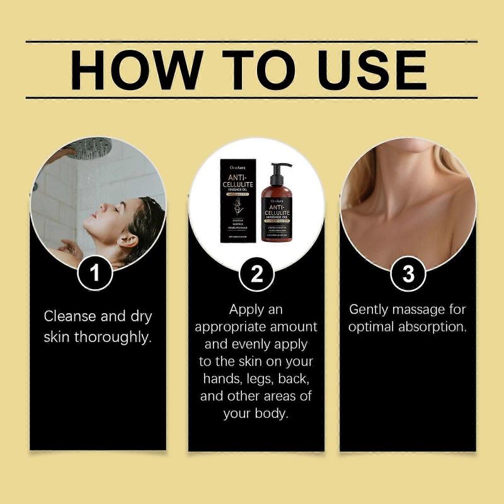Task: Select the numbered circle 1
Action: tap(95, 275)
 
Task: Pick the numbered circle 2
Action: tap(256, 275)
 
